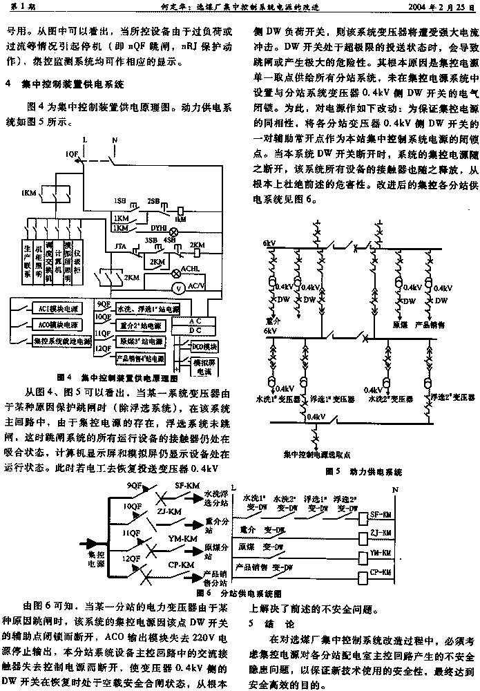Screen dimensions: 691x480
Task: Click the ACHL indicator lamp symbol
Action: tap(175, 273)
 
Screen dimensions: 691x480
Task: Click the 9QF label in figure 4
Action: tap(102, 305)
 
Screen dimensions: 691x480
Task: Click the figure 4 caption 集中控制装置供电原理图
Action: tap(119, 378)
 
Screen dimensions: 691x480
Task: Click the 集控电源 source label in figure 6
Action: tap(93, 559)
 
